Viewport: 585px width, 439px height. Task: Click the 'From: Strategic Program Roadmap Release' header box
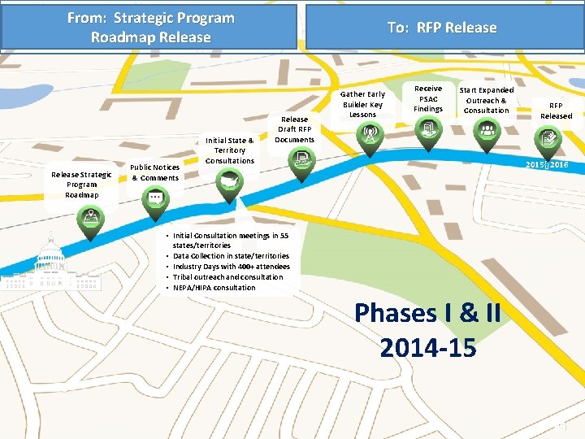[150, 28]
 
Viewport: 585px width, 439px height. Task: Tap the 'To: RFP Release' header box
[442, 28]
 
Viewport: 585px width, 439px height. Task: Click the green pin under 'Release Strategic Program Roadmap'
[90, 219]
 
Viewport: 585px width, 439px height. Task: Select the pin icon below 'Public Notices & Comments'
[154, 199]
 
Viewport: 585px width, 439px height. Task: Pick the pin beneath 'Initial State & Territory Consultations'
[229, 184]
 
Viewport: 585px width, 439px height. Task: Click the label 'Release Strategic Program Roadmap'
[81, 185]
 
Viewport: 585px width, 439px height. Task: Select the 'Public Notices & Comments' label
[155, 172]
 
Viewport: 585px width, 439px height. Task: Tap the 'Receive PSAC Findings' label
[428, 98]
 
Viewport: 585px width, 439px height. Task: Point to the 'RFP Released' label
[556, 111]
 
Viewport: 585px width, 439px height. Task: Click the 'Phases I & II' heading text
[427, 313]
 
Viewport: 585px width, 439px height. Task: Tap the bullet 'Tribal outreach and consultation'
[227, 277]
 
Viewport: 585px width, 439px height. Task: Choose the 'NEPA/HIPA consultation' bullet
[214, 288]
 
